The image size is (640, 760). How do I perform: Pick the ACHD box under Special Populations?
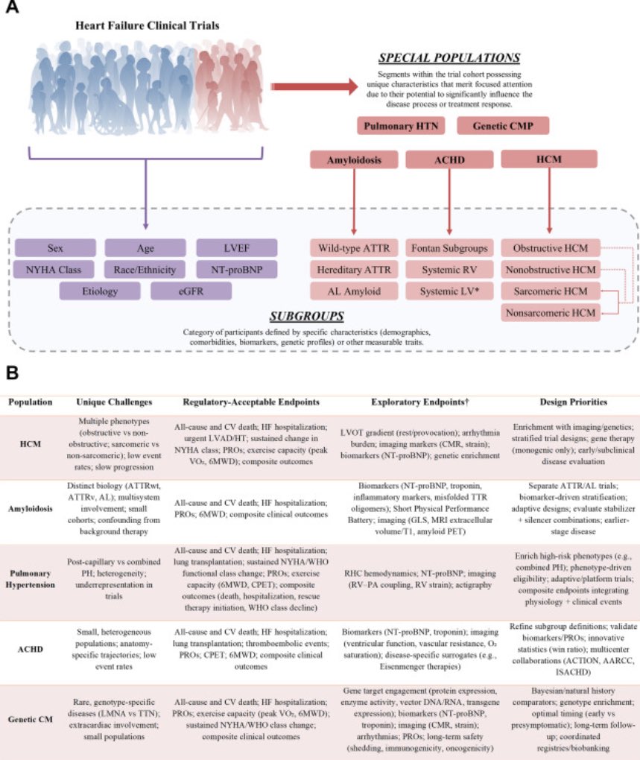pyautogui.click(x=449, y=160)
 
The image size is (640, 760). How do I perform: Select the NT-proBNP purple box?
pyautogui.click(x=236, y=269)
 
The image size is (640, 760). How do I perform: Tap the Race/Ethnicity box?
pyautogui.click(x=146, y=269)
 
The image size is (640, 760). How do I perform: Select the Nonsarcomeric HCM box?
pyautogui.click(x=551, y=312)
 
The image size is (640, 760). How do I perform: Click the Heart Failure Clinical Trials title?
pyautogui.click(x=146, y=26)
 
